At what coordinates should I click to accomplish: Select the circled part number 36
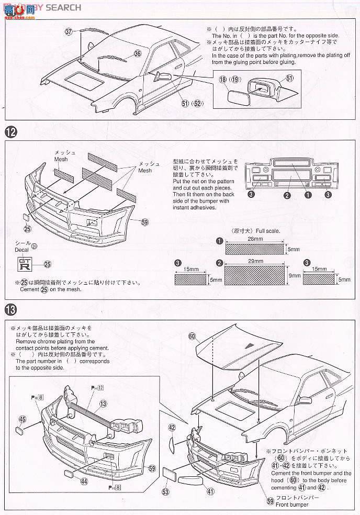pyautogui.click(x=138, y=53)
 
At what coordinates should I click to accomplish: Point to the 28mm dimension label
pyautogui.click(x=254, y=239)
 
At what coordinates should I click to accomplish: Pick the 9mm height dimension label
pyautogui.click(x=294, y=275)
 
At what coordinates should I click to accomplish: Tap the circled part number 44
pyautogui.click(x=84, y=480)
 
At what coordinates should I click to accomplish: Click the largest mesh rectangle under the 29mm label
pyautogui.click(x=255, y=275)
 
